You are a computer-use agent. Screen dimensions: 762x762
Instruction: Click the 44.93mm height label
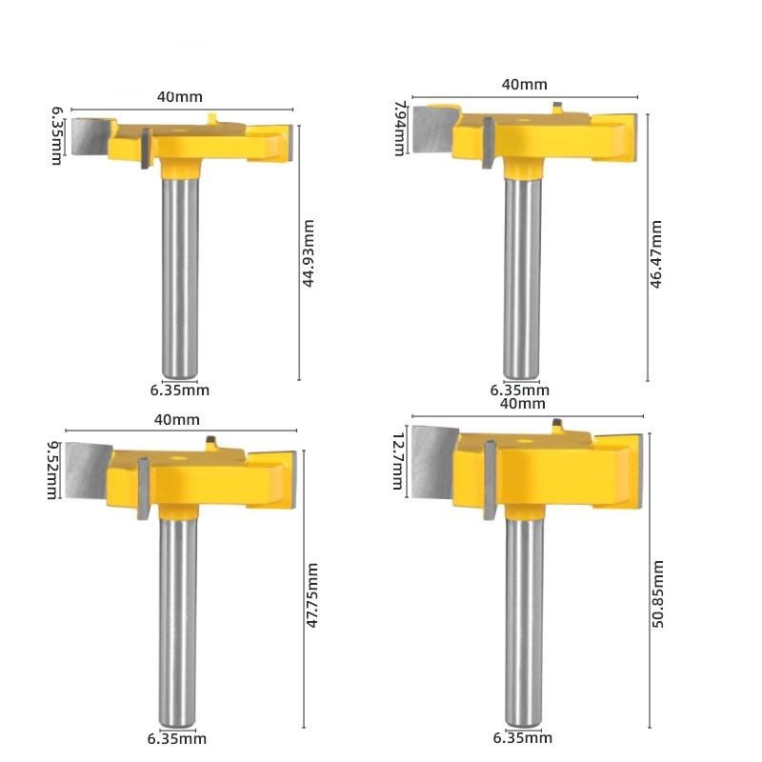coord(308,253)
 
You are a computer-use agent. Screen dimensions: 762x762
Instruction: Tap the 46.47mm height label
coord(656,254)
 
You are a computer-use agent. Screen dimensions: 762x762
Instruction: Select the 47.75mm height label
coord(312,595)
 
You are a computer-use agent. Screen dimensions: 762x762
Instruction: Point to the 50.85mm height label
coord(657,593)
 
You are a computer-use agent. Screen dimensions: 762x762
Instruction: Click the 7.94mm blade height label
coord(399,129)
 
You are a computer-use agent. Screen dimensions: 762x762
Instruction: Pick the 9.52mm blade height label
coord(52,470)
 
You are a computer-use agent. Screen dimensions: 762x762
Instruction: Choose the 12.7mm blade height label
coord(398,461)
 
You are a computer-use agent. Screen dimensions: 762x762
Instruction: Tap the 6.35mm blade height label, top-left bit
coord(57,136)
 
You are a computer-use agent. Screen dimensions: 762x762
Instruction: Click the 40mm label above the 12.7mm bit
coord(522,403)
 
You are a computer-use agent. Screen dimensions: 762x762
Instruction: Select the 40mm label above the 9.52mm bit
coord(177,419)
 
